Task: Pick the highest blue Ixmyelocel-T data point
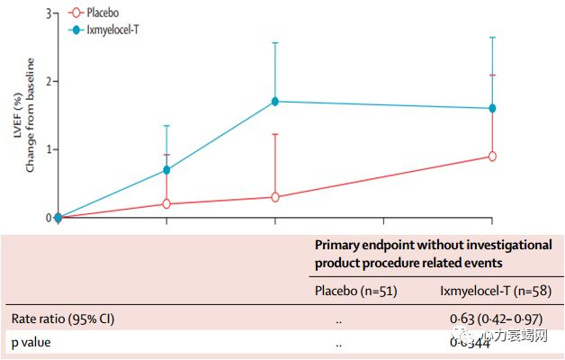(x=275, y=102)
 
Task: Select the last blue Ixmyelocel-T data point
(x=492, y=108)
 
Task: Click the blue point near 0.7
(x=167, y=170)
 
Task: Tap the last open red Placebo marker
(x=492, y=157)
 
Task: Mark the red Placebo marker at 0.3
(x=275, y=197)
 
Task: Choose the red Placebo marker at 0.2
(x=167, y=204)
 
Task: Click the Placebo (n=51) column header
(x=355, y=290)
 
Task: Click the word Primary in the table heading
(x=337, y=244)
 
